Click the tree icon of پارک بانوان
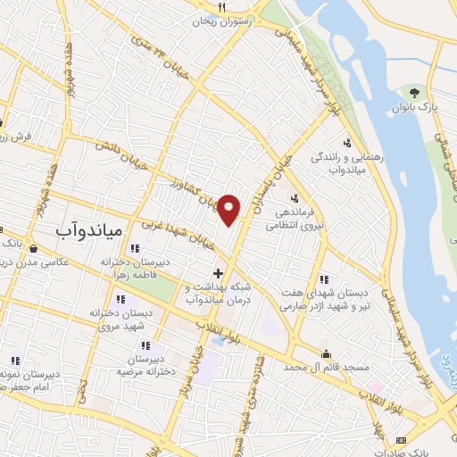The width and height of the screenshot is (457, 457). (413, 92)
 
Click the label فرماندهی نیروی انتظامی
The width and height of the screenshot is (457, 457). (293, 220)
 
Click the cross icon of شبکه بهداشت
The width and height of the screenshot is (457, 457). (218, 272)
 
